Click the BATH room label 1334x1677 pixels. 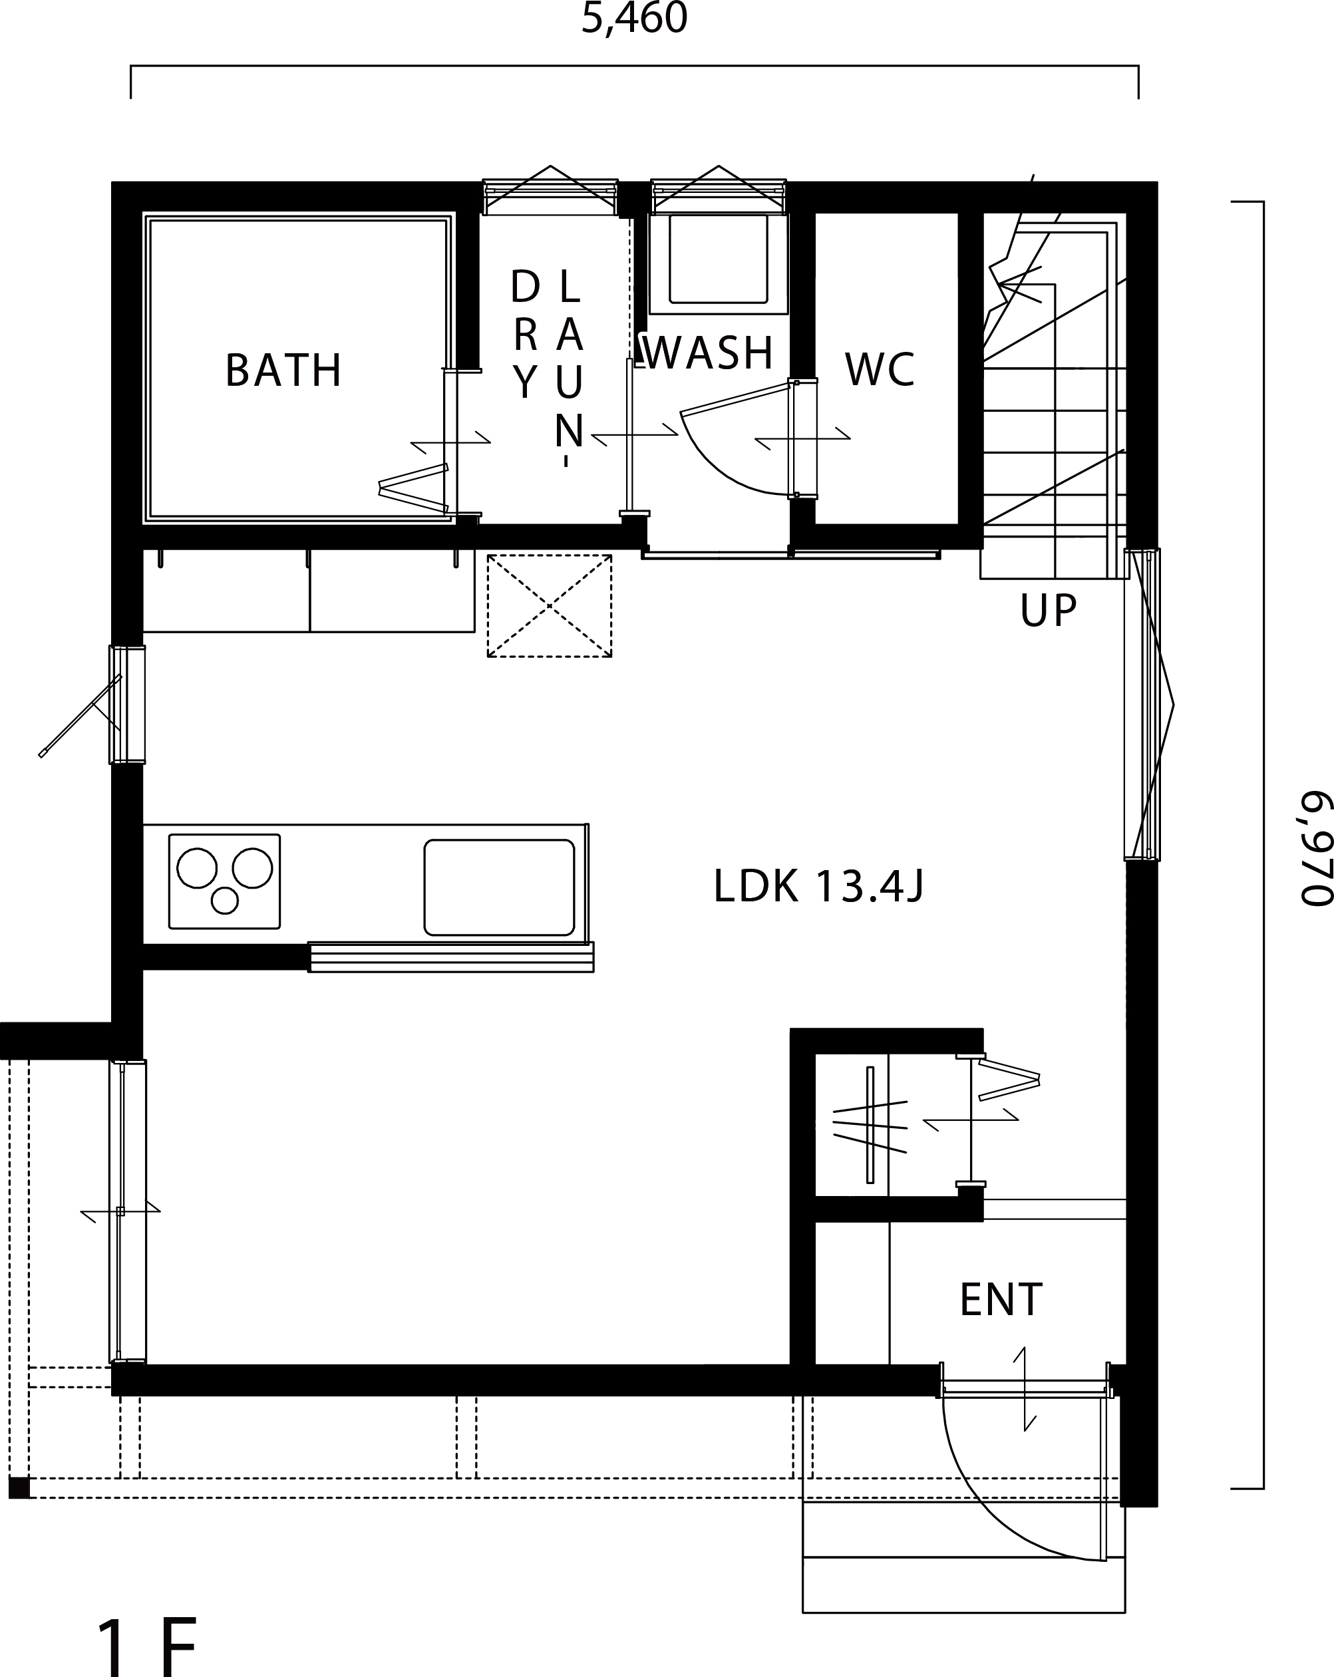(283, 371)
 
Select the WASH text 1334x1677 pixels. (709, 353)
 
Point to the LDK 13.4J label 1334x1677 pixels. (818, 886)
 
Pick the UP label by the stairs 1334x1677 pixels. (1049, 611)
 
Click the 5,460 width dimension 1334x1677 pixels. (635, 19)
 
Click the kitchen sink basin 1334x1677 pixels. (500, 887)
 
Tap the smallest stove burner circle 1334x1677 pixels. (225, 901)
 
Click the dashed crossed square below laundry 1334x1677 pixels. (549, 605)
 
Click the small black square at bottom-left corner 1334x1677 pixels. (19, 1487)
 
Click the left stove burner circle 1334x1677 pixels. (197, 867)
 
